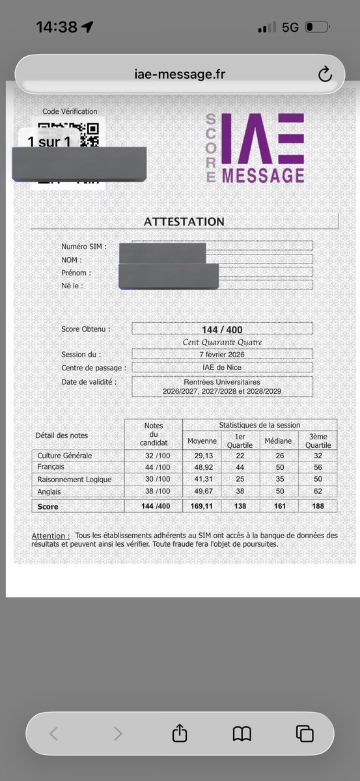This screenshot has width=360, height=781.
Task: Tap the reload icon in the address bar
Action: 325,75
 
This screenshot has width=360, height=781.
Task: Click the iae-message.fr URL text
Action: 180,75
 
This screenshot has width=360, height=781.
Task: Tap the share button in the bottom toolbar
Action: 180,733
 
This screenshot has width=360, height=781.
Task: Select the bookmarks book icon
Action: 242,733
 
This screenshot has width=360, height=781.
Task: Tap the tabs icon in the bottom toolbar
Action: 305,733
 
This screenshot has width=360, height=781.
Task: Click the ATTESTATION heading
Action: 184,221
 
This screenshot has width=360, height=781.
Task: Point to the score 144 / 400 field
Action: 222,329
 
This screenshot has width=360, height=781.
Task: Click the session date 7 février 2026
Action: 222,354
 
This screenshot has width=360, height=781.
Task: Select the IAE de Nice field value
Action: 222,367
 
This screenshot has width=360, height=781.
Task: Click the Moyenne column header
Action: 202,441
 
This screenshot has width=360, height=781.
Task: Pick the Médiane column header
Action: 278,441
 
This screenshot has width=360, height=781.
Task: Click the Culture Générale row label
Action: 65,456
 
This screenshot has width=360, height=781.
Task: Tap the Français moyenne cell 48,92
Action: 202,467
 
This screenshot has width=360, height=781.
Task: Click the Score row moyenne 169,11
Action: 202,506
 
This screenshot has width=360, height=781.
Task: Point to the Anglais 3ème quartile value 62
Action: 318,491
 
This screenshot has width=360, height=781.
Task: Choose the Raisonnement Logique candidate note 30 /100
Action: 154,480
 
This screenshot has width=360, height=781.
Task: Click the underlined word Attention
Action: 50,536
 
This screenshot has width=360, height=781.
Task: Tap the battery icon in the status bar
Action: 317,27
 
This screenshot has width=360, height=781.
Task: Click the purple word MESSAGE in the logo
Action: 263,175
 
